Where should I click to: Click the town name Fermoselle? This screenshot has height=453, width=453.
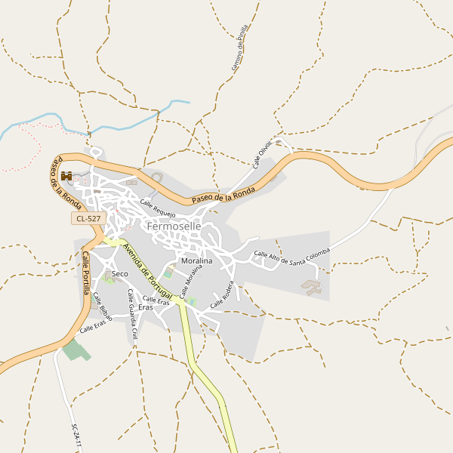(174, 226)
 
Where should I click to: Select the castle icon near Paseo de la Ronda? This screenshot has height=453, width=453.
(66, 176)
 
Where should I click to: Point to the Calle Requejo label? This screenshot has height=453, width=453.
(157, 205)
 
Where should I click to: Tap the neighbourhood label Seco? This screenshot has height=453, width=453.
(119, 273)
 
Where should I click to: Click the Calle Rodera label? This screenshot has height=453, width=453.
(223, 294)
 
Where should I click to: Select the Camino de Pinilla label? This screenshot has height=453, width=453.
(239, 48)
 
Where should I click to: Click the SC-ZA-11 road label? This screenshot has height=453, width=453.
(75, 437)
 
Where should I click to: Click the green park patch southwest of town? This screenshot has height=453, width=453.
(75, 350)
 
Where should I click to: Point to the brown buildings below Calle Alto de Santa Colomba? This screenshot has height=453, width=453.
(312, 286)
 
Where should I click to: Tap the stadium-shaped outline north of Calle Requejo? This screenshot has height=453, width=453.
(157, 178)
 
